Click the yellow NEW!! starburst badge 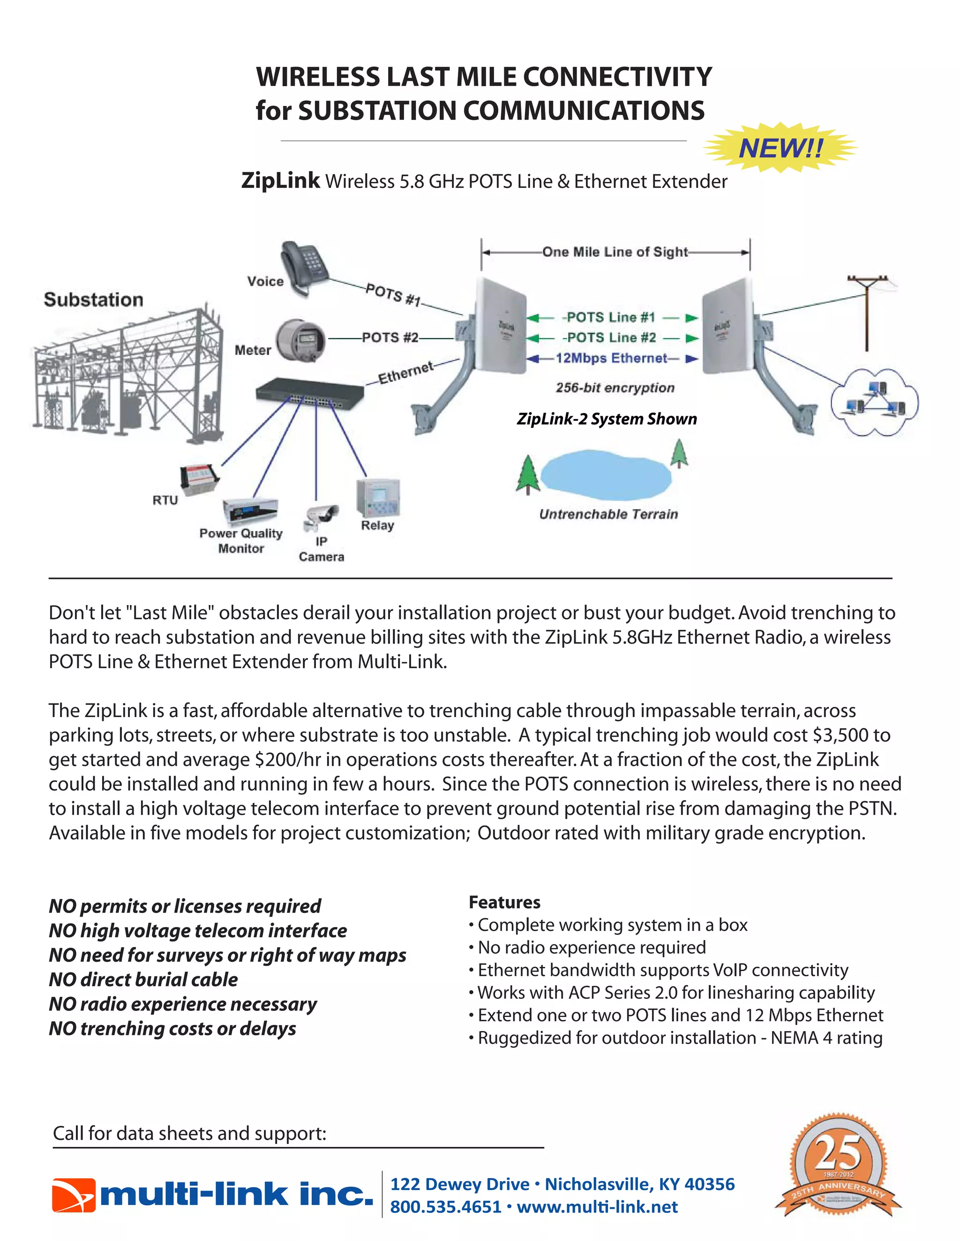point(780,148)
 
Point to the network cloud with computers point(874,402)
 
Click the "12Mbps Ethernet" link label point(611,358)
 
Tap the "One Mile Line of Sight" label point(615,252)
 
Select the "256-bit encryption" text point(615,388)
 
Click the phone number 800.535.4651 point(445,1207)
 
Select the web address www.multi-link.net point(597,1207)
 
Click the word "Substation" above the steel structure point(93,299)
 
